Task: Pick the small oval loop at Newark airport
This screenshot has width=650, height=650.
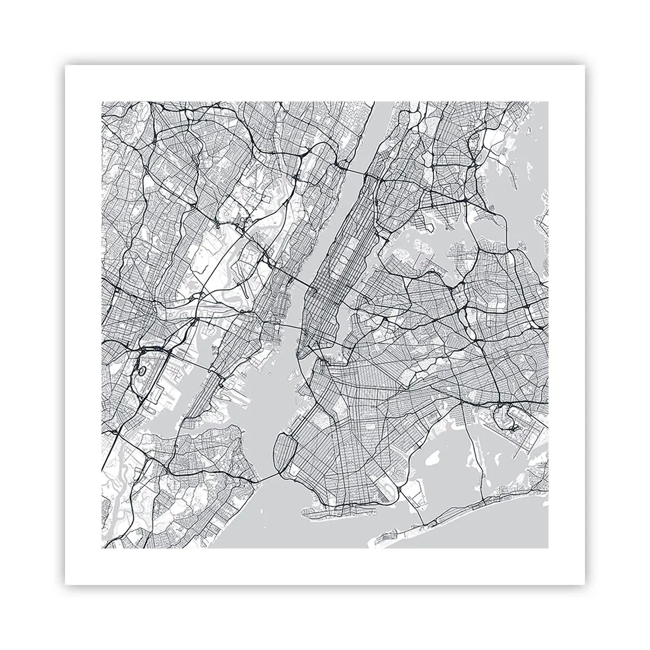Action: tap(142, 372)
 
